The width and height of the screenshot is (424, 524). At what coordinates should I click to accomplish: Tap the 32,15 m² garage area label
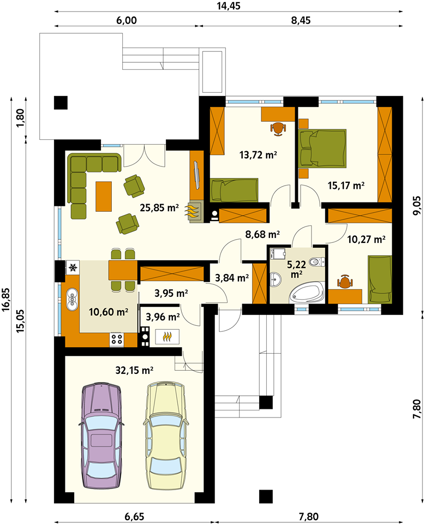coord(134,370)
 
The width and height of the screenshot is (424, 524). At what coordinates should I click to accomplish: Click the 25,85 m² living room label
coord(159,208)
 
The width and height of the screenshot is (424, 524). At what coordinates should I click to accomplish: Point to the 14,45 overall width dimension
coord(229,6)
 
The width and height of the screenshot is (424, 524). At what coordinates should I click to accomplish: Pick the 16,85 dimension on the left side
coord(6,300)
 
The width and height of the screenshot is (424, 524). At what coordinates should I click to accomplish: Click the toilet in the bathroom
coord(317,261)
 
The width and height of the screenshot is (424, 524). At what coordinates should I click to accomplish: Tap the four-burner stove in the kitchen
coord(117,340)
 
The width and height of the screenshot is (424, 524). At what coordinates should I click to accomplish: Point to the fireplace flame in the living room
coord(192,212)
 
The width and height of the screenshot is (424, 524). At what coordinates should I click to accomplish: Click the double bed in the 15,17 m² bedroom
coord(323,148)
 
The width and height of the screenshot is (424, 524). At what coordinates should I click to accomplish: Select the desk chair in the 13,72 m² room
coord(278,129)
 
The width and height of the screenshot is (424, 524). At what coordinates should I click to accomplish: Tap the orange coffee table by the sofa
coord(104,196)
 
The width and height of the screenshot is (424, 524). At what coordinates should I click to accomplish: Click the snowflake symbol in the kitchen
coord(73,267)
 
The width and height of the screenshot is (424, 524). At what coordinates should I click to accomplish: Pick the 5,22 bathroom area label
coord(296,269)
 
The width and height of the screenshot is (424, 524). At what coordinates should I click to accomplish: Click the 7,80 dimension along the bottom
coord(308,517)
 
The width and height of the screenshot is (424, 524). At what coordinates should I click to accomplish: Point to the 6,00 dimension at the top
coord(126,20)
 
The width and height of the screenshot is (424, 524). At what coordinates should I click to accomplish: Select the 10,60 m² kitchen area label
coord(109,312)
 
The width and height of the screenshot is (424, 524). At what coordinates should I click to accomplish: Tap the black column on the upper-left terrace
coord(61,103)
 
